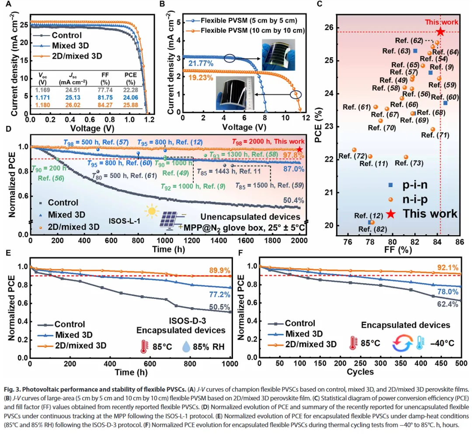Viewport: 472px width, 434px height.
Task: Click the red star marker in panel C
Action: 440,31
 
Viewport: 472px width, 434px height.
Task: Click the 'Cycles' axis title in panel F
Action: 360,372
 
